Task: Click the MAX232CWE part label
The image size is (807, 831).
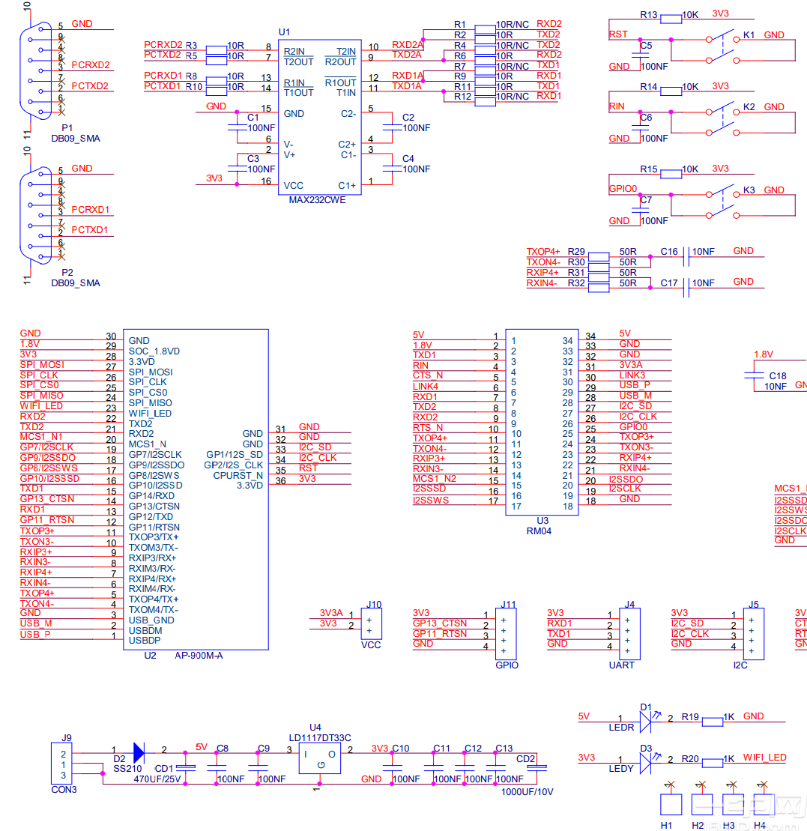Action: click(317, 200)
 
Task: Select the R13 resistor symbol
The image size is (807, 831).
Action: click(670, 16)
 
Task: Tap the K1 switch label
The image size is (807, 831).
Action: click(749, 35)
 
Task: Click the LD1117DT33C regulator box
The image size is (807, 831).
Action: click(319, 759)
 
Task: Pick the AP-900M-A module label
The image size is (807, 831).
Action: click(199, 656)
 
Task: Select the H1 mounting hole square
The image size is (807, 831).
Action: click(668, 803)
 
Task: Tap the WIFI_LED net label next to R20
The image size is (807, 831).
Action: click(764, 758)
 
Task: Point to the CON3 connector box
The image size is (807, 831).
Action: click(63, 764)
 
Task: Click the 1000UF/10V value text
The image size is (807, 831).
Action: click(527, 791)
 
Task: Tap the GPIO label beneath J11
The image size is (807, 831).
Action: click(507, 665)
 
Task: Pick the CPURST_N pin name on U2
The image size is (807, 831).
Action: click(238, 475)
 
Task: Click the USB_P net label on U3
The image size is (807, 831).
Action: click(635, 385)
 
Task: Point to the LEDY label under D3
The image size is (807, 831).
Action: click(621, 769)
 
